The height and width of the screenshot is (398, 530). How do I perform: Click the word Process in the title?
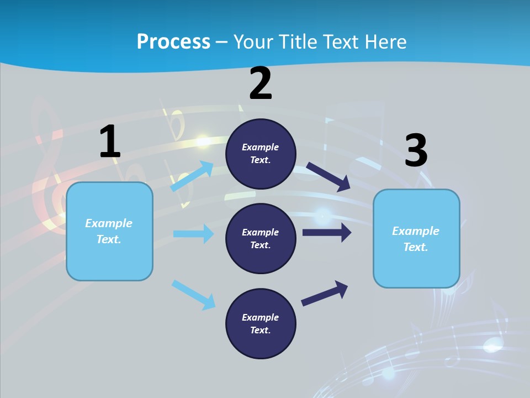point(173,42)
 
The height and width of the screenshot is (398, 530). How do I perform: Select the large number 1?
point(110,142)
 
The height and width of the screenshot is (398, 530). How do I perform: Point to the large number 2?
point(261,83)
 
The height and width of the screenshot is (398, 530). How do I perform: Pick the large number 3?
point(416,151)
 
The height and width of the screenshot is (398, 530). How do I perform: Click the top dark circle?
point(261,154)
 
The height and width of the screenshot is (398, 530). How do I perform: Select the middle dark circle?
point(261,239)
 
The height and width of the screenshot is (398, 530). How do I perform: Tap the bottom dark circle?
point(261,324)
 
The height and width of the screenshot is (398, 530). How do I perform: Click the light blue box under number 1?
point(109,231)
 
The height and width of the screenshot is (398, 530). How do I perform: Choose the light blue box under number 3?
point(416,239)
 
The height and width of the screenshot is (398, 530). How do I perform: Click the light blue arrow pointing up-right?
point(192,176)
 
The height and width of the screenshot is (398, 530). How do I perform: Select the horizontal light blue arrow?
point(193,234)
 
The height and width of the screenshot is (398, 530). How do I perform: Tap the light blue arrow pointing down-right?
point(193,295)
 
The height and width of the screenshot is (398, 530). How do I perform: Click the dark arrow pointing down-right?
point(328,177)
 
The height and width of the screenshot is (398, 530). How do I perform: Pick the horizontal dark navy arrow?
point(326,232)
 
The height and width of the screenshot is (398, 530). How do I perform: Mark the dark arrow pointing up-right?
point(325,293)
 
